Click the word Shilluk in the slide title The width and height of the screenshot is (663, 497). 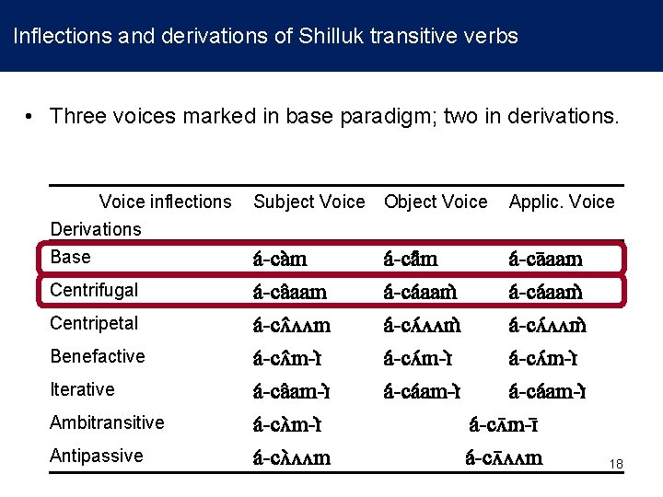click(x=330, y=37)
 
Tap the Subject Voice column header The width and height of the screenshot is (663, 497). click(x=308, y=202)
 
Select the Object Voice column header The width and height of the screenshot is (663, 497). click(x=436, y=202)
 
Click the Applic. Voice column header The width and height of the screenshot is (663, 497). click(x=562, y=202)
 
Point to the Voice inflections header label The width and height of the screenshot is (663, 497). click(x=166, y=202)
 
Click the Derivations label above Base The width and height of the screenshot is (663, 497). click(x=96, y=229)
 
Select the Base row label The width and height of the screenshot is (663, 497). click(x=71, y=257)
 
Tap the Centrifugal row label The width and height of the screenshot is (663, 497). click(x=94, y=290)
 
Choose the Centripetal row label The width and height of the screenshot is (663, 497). click(x=94, y=323)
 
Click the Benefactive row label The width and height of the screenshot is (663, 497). click(x=97, y=356)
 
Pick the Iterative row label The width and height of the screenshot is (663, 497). click(x=82, y=389)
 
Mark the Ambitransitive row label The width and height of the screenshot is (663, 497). click(x=107, y=422)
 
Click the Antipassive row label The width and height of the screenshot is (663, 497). click(x=96, y=456)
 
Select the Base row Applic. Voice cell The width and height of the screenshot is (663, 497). click(x=546, y=259)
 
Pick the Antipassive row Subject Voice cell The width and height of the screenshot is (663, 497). click(x=292, y=457)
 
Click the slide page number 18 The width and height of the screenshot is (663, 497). click(x=616, y=465)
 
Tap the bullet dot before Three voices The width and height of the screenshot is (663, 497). click(x=30, y=117)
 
